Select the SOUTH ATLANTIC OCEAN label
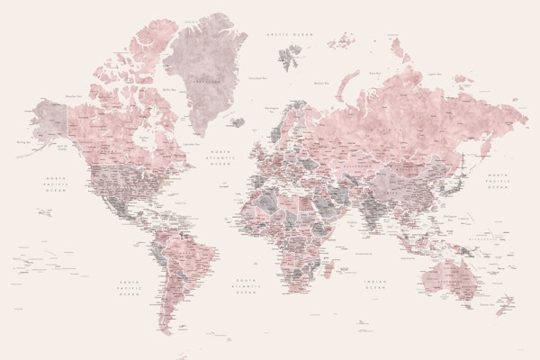click(245, 286)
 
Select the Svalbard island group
click(291, 56)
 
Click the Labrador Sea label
click(190, 143)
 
